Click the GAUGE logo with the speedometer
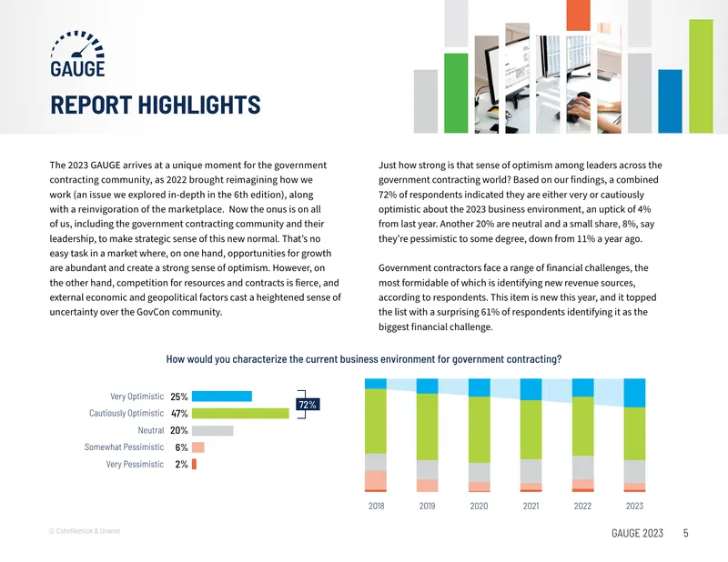tap(77, 54)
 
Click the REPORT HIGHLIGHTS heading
tap(155, 105)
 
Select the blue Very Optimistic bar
tap(222, 396)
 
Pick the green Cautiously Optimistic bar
tap(240, 413)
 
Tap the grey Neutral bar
tap(213, 430)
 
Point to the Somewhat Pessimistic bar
tap(198, 447)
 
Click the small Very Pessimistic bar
tap(194, 464)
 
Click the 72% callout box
tap(308, 405)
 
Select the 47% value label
tap(179, 414)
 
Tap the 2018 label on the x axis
tap(377, 506)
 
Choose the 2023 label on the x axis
tap(634, 506)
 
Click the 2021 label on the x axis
tap(531, 506)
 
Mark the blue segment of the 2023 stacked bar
tap(634, 393)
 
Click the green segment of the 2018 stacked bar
tap(376, 421)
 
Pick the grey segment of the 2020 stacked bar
tap(480, 473)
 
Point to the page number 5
tap(686, 533)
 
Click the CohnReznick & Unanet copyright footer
tap(85, 531)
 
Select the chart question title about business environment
tap(364, 359)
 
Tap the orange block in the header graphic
tap(578, 15)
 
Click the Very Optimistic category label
tap(137, 396)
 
